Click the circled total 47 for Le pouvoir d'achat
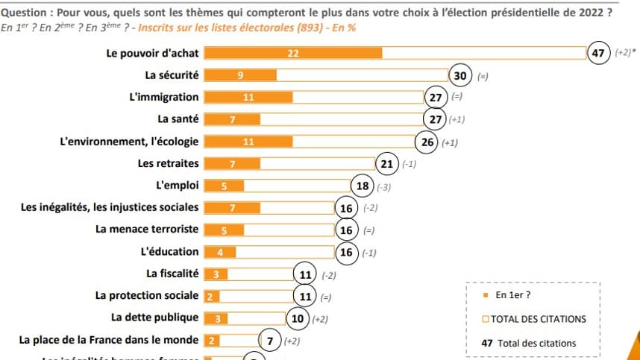(597, 53)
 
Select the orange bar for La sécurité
(240, 75)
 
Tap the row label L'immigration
(164, 97)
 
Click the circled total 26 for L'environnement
(426, 142)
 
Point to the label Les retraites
(169, 163)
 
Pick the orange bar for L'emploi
(223, 186)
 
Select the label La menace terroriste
(147, 230)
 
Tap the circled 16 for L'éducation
(346, 252)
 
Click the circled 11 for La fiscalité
(304, 274)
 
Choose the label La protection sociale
(148, 296)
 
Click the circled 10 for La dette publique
(298, 318)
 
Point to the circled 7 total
(269, 341)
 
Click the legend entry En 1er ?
(512, 295)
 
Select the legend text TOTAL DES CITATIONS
(538, 319)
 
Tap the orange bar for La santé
(232, 119)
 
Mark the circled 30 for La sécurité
(460, 75)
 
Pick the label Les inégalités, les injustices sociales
(110, 207)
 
